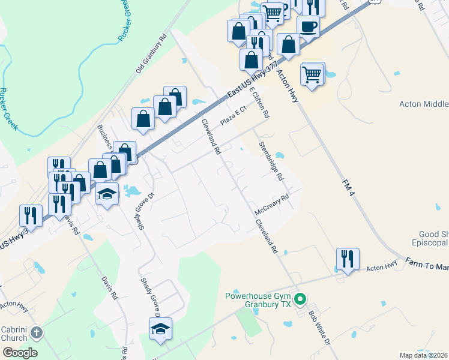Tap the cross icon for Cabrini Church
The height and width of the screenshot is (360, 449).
pyautogui.click(x=37, y=332)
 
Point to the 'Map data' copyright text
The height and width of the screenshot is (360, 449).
pyautogui.click(x=424, y=355)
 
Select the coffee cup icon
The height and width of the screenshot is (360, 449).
pyautogui.click(x=308, y=27)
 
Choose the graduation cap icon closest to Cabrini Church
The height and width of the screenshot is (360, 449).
pyautogui.click(x=160, y=329)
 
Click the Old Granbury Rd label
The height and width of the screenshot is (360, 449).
pyautogui.click(x=151, y=58)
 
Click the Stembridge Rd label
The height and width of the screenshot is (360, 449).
pyautogui.click(x=271, y=161)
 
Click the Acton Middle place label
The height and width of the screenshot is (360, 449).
pyautogui.click(x=424, y=104)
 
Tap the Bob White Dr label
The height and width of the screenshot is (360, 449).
pyautogui.click(x=319, y=327)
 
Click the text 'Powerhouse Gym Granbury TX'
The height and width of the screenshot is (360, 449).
pyautogui.click(x=258, y=300)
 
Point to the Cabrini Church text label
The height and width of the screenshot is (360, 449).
pyautogui.click(x=14, y=333)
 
